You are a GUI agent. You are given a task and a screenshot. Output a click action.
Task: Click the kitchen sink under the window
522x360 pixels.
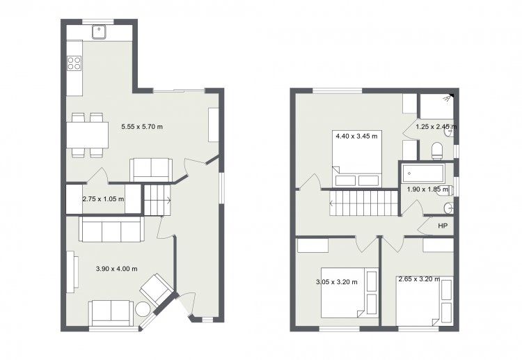100,32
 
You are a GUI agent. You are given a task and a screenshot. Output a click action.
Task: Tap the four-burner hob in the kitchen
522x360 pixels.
74,63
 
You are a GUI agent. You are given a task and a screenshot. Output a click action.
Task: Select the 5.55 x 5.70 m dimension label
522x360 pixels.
142,127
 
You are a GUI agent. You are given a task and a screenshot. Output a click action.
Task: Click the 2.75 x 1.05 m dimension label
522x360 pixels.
103,199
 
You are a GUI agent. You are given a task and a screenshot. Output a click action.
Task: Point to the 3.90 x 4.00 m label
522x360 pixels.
116,269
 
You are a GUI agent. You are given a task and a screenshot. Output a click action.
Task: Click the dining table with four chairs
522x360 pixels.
88,135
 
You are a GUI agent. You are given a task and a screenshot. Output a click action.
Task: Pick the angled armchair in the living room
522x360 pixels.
157,290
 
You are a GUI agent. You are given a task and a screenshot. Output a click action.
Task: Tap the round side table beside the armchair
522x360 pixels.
143,308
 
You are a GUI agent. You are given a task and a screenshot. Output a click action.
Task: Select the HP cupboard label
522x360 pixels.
443,226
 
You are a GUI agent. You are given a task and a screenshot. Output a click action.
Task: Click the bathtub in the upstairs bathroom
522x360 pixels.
422,173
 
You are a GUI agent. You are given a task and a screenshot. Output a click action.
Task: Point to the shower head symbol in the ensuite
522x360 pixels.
448,97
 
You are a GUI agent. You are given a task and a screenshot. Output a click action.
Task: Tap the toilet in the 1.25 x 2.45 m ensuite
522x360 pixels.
437,151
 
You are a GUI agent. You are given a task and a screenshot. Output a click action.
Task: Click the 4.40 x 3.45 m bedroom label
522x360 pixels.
356,136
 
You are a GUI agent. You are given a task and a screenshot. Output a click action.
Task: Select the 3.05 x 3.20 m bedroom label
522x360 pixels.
337,282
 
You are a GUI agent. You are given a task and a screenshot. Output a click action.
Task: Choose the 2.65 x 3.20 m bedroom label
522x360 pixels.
419,279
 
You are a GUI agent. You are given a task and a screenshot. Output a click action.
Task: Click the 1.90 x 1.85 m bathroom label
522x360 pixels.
428,189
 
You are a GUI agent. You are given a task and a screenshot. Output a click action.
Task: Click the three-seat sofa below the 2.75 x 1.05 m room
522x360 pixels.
112,229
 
